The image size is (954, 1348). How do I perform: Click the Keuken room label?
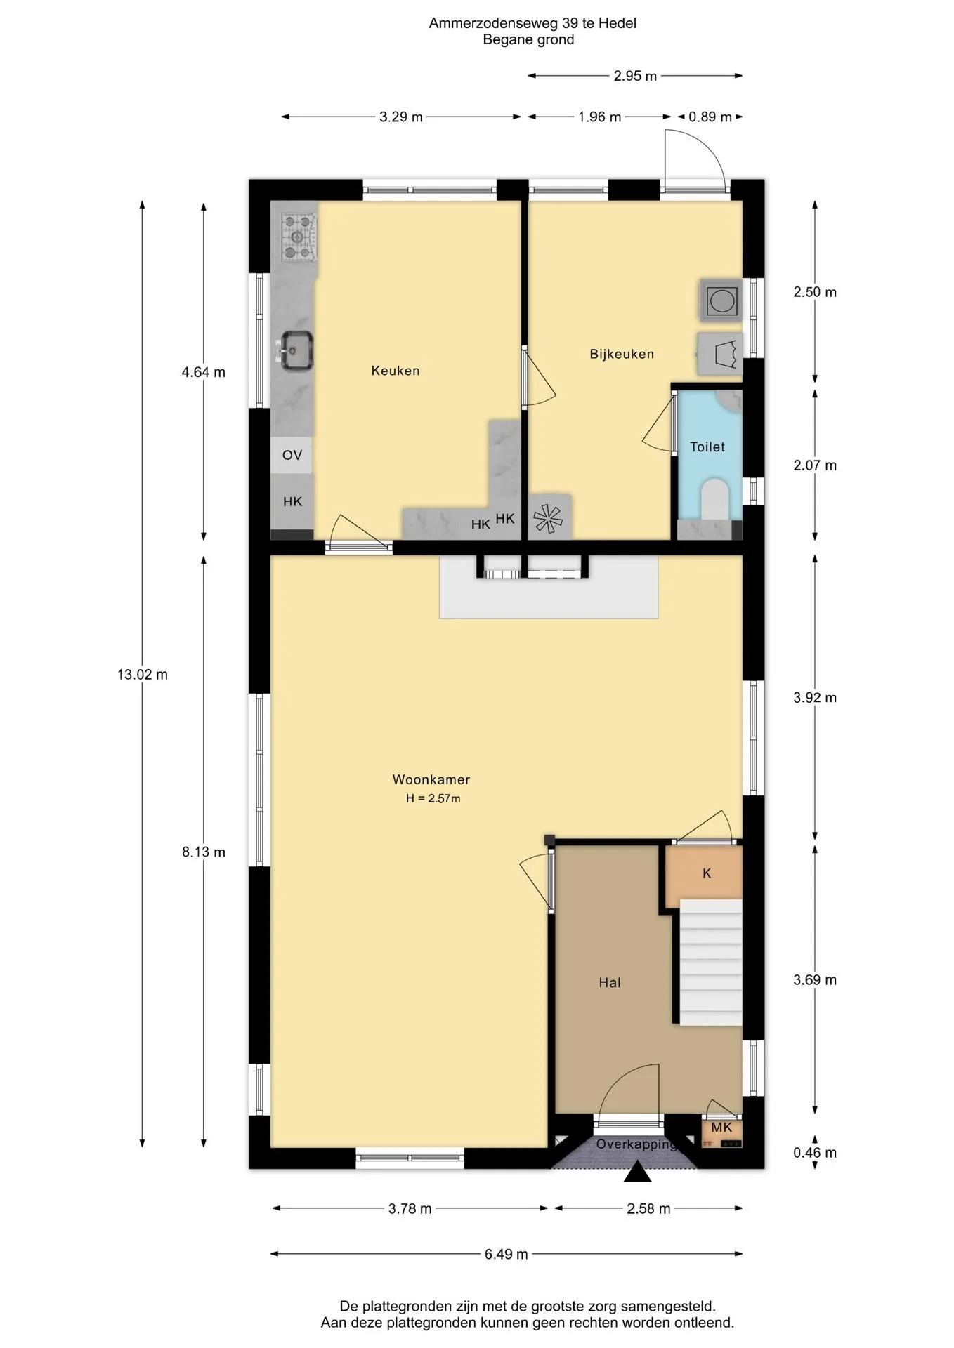tap(396, 371)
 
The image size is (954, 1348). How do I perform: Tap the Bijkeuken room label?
tap(622, 355)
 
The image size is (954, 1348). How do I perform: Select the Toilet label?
tap(707, 447)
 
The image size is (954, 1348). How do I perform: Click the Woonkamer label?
tap(431, 779)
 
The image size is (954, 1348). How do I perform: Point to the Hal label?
tap(610, 983)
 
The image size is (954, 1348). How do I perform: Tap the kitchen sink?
tap(296, 350)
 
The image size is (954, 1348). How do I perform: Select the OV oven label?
tap(292, 455)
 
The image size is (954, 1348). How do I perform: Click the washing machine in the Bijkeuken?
tap(721, 300)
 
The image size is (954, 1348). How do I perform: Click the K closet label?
tap(707, 873)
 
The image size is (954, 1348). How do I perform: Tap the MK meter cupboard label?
tap(721, 1128)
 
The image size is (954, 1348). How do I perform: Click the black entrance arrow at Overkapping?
tap(637, 1172)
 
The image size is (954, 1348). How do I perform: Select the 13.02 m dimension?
tap(143, 675)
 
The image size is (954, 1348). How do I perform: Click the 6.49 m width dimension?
tap(507, 1254)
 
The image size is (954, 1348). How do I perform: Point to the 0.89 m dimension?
tap(710, 117)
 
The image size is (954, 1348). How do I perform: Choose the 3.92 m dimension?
tap(815, 698)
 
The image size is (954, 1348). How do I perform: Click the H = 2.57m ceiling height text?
tap(433, 798)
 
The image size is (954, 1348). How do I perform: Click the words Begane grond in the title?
tap(528, 40)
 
